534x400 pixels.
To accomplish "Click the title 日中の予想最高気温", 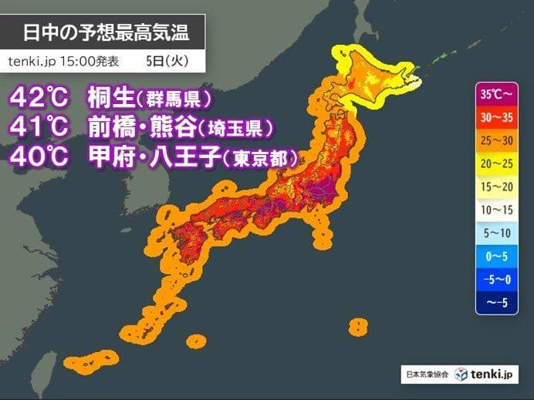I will coord(104,33).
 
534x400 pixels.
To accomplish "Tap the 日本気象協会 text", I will coord(425,375).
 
